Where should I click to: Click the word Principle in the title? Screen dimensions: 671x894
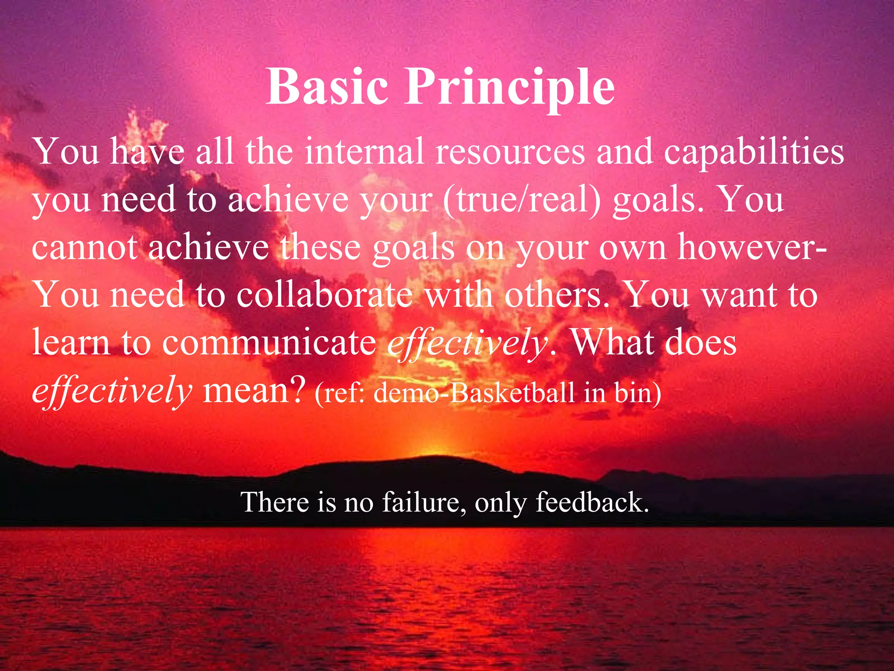click(510, 87)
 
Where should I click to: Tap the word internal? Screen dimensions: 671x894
click(364, 151)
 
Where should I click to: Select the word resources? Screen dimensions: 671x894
click(510, 152)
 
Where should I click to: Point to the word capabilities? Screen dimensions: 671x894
click(754, 152)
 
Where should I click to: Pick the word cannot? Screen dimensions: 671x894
click(85, 247)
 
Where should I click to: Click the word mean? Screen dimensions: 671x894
click(254, 390)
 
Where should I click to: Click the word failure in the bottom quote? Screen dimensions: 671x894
click(421, 502)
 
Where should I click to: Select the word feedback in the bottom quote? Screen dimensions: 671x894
click(592, 502)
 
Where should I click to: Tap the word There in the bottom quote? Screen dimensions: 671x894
click(275, 502)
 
